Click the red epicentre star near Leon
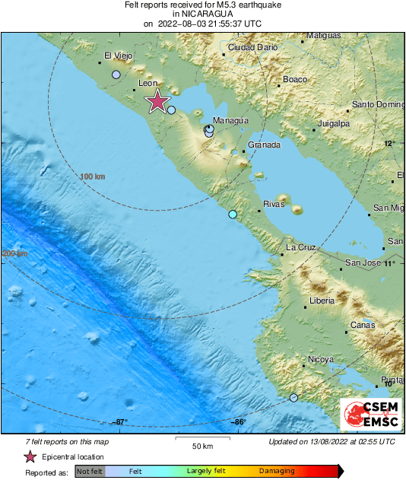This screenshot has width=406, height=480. coord(157,101)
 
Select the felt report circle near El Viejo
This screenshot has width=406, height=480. coord(116,75)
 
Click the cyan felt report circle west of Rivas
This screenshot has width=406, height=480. coord(233,215)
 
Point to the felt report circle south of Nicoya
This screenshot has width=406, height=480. coord(293,397)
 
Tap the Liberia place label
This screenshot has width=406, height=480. coord(322,301)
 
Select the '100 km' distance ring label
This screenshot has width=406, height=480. coord(92,176)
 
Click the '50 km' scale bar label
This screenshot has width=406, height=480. coord(201,446)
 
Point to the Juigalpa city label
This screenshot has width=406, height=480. coord(333,122)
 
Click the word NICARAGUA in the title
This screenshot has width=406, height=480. coord(202,14)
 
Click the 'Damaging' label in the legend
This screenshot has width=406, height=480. coord(277,472)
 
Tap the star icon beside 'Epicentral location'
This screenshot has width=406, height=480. coord(30,456)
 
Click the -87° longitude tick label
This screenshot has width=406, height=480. coord(120,422)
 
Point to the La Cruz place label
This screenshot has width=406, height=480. coord(300,248)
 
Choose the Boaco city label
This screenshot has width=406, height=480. coord(294,79)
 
